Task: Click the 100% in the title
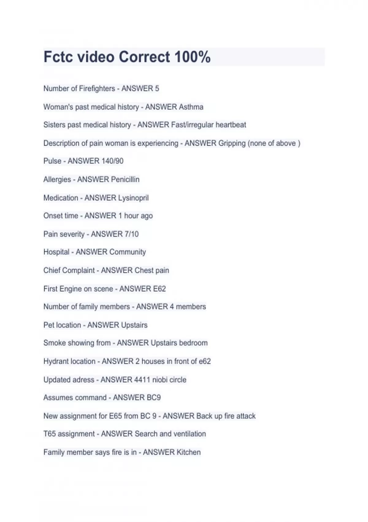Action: [193, 57]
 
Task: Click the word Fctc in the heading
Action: [58, 57]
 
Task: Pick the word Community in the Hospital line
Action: [128, 252]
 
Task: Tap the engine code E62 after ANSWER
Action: [159, 289]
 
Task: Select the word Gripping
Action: [232, 143]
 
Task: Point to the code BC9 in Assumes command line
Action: [154, 397]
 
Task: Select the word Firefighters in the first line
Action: [97, 88]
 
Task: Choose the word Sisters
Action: [54, 125]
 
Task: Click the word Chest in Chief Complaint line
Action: [144, 270]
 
